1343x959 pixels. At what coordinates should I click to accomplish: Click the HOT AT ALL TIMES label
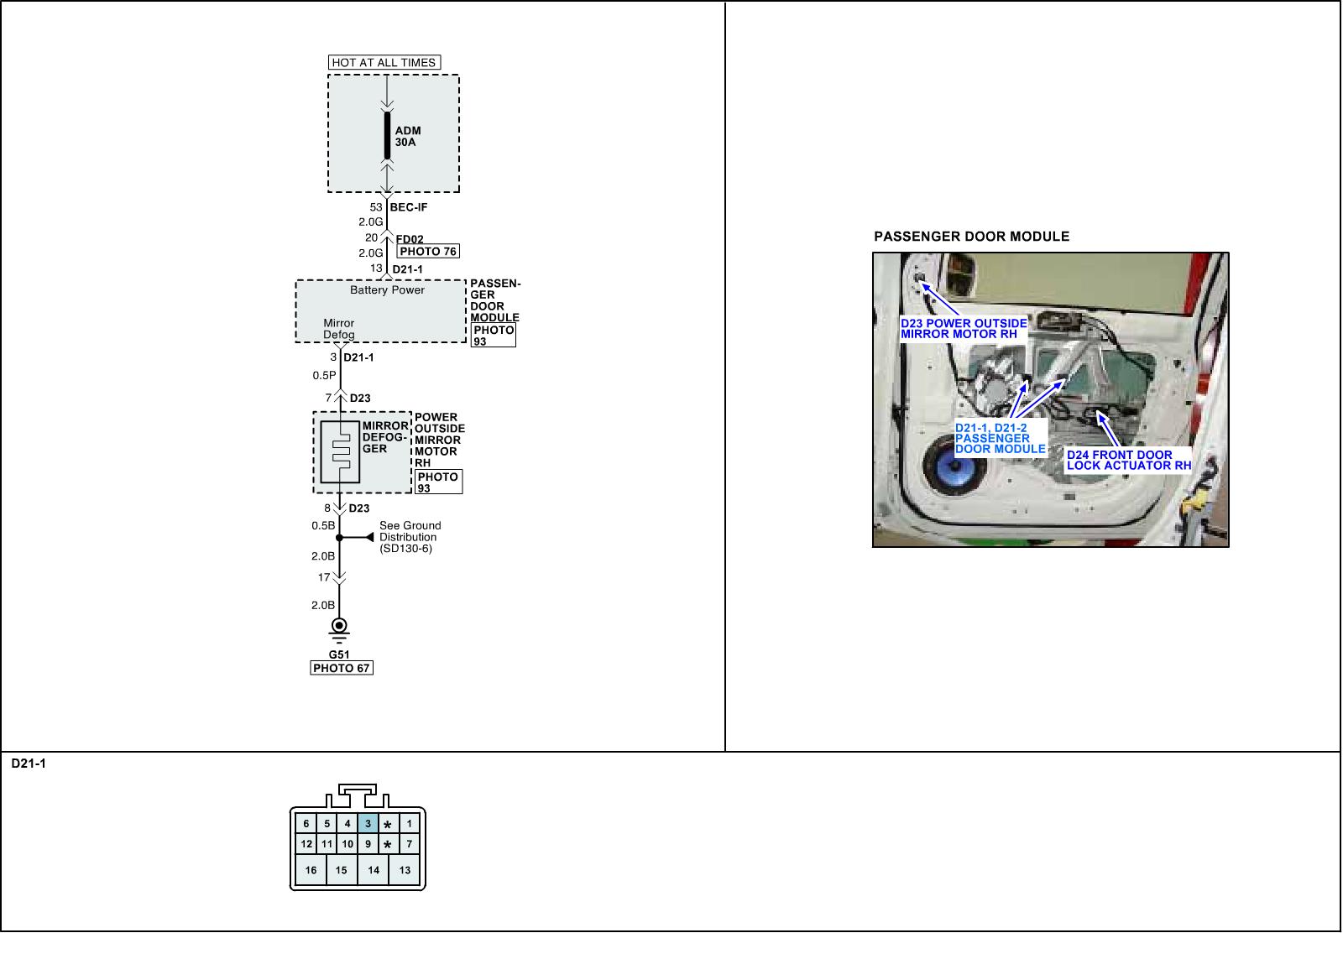click(x=384, y=62)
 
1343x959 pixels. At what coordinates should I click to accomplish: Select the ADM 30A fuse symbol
click(x=387, y=135)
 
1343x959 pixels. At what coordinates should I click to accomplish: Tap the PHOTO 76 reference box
click(x=428, y=251)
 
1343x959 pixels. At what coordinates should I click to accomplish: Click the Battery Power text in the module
click(x=387, y=290)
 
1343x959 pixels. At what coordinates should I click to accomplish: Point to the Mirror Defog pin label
click(x=339, y=329)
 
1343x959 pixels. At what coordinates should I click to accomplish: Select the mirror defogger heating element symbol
click(x=340, y=451)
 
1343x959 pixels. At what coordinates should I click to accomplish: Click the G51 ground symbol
click(x=339, y=628)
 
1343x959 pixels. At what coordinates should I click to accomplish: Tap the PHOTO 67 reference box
click(x=342, y=668)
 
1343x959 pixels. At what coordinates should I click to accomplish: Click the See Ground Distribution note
click(x=410, y=537)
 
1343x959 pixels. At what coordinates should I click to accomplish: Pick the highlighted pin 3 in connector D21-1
click(x=368, y=824)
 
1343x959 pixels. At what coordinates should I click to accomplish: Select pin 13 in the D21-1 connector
click(x=405, y=870)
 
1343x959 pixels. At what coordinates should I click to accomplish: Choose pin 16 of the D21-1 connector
click(x=311, y=870)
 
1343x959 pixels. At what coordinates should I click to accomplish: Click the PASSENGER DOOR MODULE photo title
click(x=972, y=237)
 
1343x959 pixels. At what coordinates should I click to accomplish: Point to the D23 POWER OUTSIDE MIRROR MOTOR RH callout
click(x=964, y=328)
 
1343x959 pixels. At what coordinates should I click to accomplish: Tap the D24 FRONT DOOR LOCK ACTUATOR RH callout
click(x=1128, y=460)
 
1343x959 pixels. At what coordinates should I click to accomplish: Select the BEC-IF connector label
click(x=409, y=207)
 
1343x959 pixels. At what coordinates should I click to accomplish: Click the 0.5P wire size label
click(x=324, y=376)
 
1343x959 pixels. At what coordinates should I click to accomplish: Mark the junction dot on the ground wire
click(x=339, y=537)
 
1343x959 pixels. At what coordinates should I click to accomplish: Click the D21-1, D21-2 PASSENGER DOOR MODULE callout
click(x=1000, y=438)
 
